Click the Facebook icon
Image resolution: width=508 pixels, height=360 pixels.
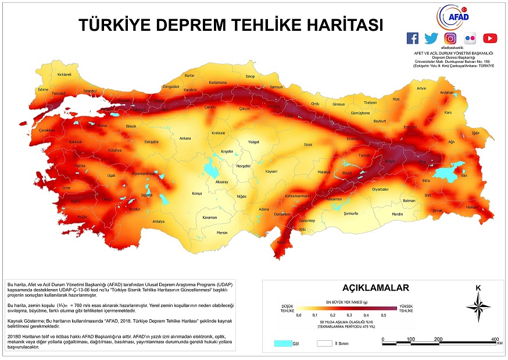[412, 38]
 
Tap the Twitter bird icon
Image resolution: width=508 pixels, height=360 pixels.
[431, 38]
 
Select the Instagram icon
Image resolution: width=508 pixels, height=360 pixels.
[450, 38]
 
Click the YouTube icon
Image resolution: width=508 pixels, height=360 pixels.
[490, 38]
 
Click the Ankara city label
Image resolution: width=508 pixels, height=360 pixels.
[185, 138]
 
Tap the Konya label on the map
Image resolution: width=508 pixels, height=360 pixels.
[197, 194]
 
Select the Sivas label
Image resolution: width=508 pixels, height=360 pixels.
[308, 144]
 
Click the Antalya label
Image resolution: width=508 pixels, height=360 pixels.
[158, 222]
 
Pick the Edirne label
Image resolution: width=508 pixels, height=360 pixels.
[42, 90]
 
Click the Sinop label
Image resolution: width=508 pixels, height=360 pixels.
[250, 76]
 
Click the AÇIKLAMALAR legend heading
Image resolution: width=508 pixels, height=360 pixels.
[376, 287]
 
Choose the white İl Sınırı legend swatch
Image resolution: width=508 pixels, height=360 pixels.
[324, 343]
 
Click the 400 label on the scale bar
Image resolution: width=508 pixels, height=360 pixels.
[496, 338]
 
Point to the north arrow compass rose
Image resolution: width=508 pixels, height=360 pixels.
[478, 305]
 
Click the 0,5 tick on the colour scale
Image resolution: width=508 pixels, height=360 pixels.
[384, 315]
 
